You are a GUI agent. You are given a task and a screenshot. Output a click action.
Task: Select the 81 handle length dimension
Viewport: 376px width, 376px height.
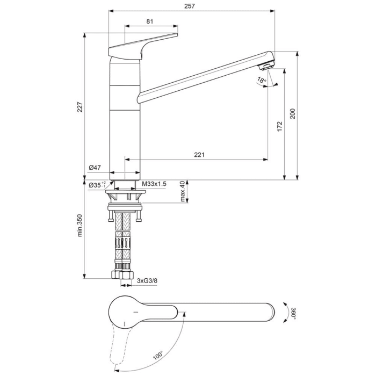(x=150, y=21)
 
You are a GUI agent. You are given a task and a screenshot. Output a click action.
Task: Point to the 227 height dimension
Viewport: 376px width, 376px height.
(x=80, y=107)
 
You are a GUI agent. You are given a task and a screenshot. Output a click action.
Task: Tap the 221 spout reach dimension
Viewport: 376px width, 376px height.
(x=199, y=155)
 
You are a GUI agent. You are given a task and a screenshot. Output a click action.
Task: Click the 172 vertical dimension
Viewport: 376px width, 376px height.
(x=279, y=126)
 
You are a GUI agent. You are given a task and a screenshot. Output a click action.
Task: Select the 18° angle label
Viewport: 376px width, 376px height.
(x=261, y=81)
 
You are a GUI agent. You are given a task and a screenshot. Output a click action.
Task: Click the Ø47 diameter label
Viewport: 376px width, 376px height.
(x=95, y=168)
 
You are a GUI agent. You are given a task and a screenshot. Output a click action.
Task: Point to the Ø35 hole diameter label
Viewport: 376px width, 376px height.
(x=97, y=185)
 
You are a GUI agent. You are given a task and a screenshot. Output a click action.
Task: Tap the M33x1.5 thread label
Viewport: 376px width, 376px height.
(x=155, y=184)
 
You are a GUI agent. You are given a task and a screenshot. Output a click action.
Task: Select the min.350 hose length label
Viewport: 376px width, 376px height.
(x=80, y=226)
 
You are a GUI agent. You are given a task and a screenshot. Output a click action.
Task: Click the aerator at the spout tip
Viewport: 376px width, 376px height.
(x=267, y=67)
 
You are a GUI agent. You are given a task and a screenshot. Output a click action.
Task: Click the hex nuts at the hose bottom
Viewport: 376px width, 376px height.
(x=124, y=276)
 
